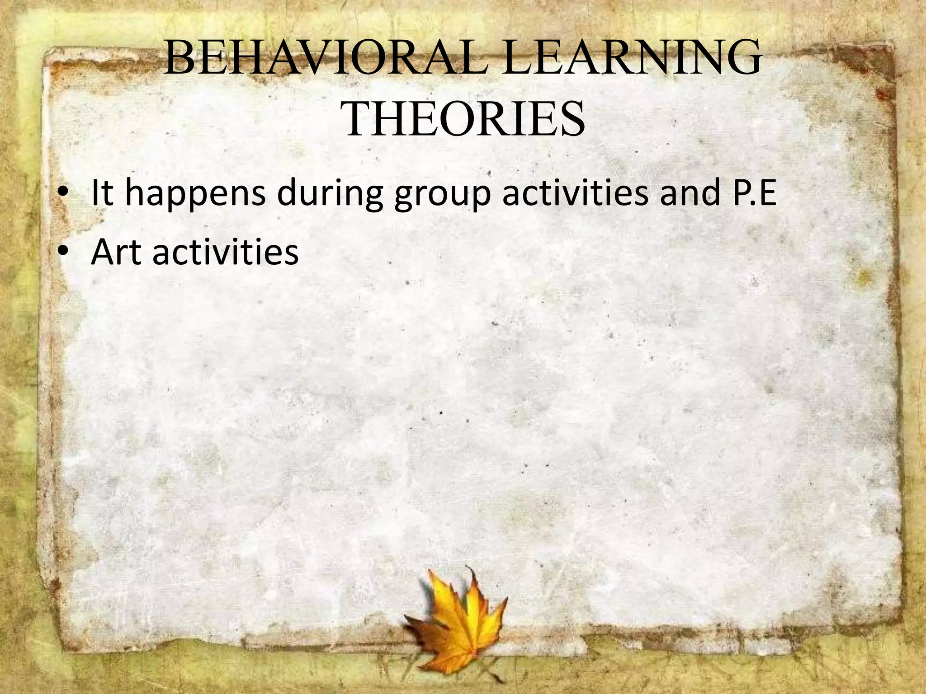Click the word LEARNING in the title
pos(632,58)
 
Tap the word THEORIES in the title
pos(464,119)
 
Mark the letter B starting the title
pos(178,58)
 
